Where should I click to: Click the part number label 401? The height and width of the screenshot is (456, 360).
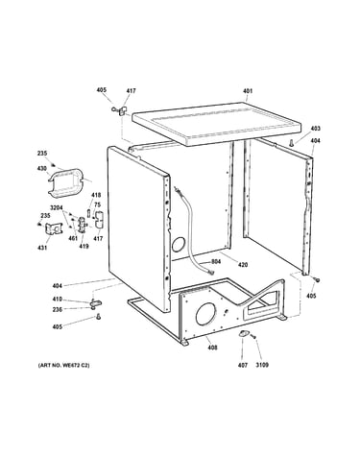pos(248,91)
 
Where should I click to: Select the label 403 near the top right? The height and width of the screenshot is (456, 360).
pos(315,129)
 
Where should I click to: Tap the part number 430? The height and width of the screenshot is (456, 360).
pos(42,168)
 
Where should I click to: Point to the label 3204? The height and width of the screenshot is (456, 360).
pos(56,207)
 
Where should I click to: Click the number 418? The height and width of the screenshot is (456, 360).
pos(96,195)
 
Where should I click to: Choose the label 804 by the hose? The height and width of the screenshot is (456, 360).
pos(216,262)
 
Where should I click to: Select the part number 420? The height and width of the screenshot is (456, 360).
pos(243,265)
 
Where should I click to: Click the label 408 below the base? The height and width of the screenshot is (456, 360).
pos(212,348)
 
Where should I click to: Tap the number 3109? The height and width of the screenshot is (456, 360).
pos(262,365)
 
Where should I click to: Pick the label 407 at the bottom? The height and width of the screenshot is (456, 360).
pos(243,365)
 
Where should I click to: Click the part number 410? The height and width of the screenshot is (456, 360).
pos(58,300)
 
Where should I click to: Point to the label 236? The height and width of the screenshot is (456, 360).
pos(58,309)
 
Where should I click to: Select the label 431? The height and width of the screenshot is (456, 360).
pos(42,248)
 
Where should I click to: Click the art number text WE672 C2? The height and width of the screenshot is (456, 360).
pos(77,365)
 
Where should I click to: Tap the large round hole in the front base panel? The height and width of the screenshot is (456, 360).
pos(205,313)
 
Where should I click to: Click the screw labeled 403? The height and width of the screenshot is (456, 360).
pos(292,142)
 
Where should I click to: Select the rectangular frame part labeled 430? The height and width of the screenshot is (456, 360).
pos(66,182)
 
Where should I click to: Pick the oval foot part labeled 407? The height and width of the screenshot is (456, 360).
pos(243,334)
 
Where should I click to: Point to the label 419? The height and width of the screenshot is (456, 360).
pos(84,247)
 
